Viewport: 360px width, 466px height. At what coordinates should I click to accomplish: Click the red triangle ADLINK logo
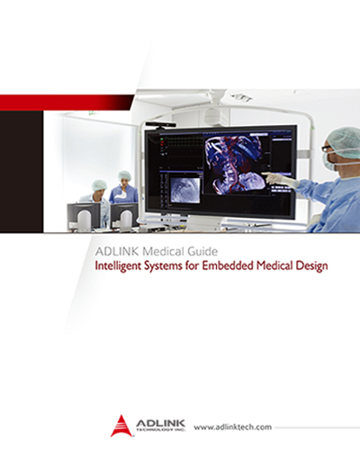[x=121, y=426]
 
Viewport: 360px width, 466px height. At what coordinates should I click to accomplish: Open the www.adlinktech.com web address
[x=233, y=427]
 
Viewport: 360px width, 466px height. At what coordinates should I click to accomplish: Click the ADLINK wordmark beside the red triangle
[x=160, y=426]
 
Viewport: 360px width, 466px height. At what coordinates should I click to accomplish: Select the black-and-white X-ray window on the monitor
[x=185, y=190]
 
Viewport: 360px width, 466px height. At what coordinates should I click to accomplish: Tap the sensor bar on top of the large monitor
[x=161, y=124]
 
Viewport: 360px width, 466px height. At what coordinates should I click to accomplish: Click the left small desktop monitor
[x=84, y=216]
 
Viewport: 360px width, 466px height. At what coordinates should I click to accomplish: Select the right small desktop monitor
[x=125, y=216]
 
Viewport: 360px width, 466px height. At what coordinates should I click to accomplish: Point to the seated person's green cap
[x=99, y=185]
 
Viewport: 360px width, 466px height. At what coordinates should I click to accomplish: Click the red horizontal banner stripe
[x=67, y=103]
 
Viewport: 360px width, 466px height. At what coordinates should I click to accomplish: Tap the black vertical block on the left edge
[x=22, y=171]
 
